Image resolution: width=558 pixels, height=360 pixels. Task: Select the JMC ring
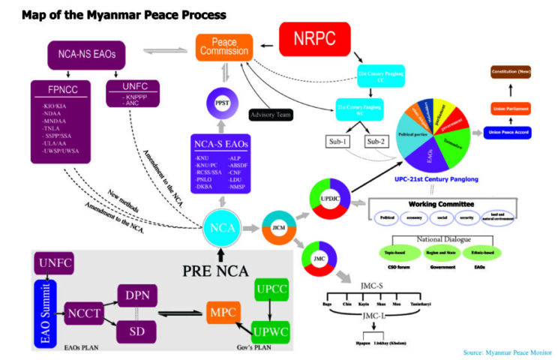click(319, 259)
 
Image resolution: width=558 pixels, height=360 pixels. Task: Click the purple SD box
click(137, 331)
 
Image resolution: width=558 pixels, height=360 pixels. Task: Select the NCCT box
click(84, 311)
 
